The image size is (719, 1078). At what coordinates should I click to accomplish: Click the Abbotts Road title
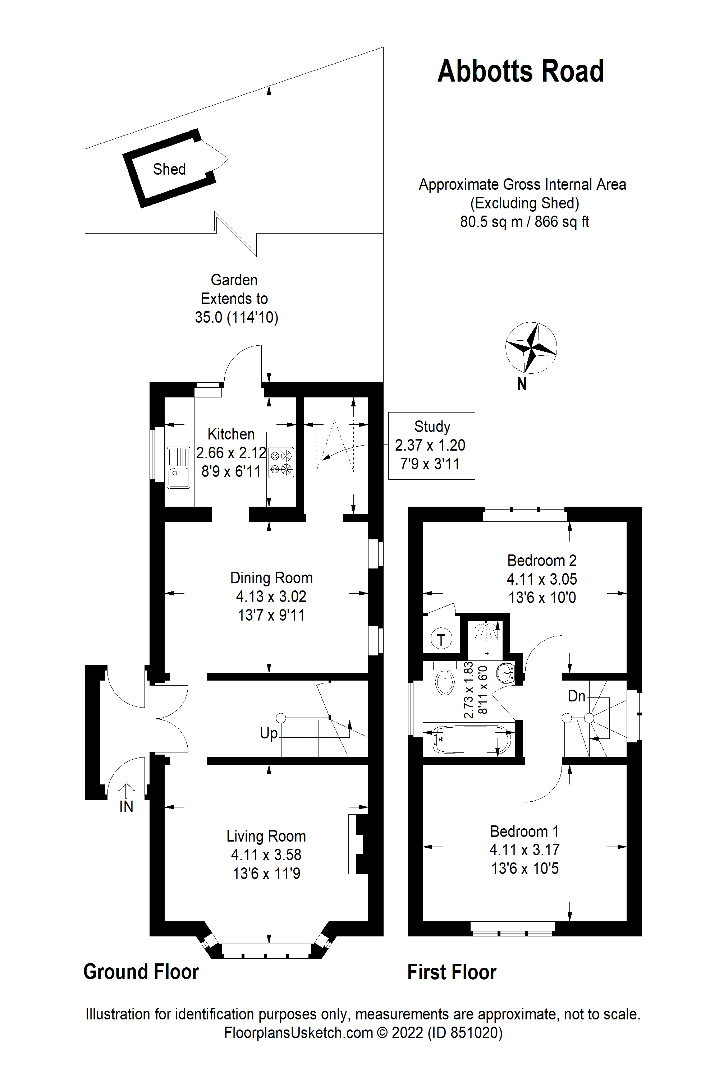(521, 72)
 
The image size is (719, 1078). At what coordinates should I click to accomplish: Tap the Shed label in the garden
(169, 169)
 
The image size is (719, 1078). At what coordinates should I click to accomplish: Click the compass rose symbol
(531, 347)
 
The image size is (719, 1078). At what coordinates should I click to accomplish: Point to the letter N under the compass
(521, 384)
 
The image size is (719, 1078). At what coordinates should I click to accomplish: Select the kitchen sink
(178, 467)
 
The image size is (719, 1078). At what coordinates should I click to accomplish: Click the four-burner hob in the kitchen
(281, 462)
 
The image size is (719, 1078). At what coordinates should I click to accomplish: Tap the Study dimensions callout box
(431, 446)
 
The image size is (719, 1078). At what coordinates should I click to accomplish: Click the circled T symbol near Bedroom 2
(441, 639)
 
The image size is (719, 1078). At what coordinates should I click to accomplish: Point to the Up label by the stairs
(269, 733)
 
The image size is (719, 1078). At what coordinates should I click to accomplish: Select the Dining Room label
(271, 578)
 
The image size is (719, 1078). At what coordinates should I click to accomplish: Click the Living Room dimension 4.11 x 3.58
(266, 855)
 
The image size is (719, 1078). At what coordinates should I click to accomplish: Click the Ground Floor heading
(141, 972)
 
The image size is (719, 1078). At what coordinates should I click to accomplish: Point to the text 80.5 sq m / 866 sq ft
(524, 222)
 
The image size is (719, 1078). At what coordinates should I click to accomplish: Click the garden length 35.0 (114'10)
(236, 317)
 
